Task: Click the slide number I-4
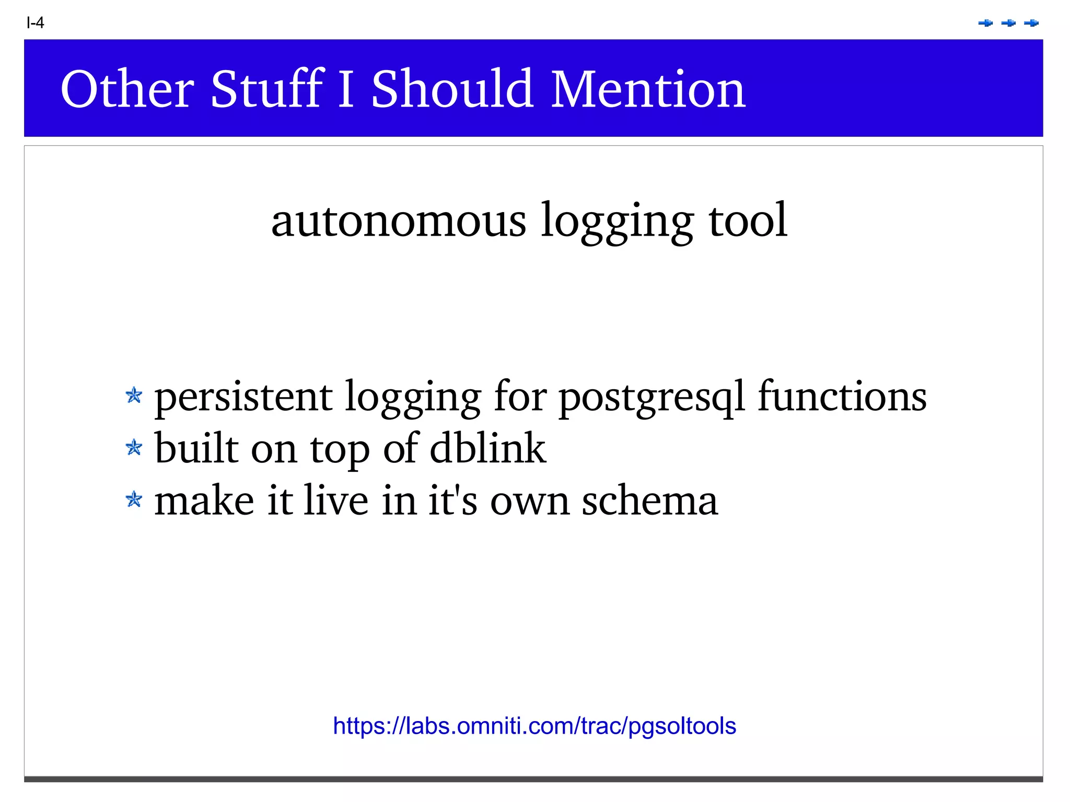coord(35,23)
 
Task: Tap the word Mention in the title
coord(648,89)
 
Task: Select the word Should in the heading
coord(452,89)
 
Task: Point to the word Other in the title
coord(127,89)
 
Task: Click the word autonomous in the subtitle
coord(399,221)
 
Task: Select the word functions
coord(842,396)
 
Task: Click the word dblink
coord(487,448)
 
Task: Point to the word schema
coord(650,501)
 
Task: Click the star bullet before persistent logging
coord(134,396)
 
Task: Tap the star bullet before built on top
coord(134,447)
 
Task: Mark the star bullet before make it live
coord(134,499)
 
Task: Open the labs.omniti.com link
coord(534,726)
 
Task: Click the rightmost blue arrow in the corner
coord(1031,23)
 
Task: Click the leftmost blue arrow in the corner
coord(985,23)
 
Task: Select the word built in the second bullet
coord(196,448)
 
